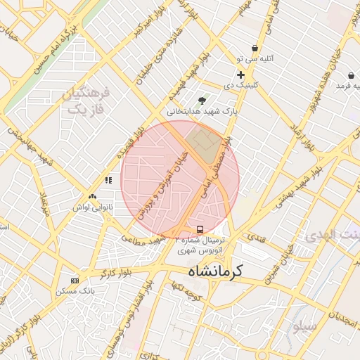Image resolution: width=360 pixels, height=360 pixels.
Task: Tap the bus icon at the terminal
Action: [x=200, y=229]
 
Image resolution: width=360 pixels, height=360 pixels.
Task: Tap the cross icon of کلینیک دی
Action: [x=240, y=75]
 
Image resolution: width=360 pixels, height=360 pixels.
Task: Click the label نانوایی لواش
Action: [x=92, y=208]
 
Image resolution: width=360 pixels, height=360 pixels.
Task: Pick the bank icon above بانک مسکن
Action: [x=75, y=281]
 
